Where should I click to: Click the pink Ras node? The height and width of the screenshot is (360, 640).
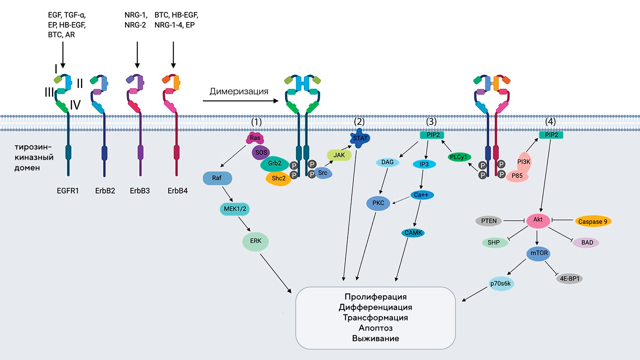[255, 138]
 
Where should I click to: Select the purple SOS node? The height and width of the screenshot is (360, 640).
[261, 153]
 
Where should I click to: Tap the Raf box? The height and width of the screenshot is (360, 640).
[217, 178]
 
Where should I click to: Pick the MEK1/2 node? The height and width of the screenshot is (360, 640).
[235, 209]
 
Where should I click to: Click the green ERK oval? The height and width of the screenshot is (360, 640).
[256, 241]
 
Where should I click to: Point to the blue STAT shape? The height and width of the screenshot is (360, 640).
[360, 138]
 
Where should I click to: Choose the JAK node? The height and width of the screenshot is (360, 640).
[339, 155]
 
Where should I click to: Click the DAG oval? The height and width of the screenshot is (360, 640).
[387, 162]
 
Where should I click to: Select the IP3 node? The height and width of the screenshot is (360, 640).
[424, 164]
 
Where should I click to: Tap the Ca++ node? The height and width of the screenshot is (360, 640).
[421, 195]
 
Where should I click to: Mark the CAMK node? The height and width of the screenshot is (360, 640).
[413, 233]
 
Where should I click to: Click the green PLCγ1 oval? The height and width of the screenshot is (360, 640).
[459, 157]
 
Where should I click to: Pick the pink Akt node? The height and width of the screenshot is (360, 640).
[538, 220]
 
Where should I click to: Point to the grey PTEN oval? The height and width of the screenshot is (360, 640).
[489, 221]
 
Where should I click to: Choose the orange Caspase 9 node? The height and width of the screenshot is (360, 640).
[593, 221]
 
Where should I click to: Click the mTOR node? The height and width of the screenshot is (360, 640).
[539, 253]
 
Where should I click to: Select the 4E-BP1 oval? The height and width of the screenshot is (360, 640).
[569, 279]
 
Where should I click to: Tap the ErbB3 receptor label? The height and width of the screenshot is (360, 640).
[140, 191]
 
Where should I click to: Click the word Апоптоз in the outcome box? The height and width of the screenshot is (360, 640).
[376, 328]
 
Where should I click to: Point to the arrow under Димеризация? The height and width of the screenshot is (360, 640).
[240, 101]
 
